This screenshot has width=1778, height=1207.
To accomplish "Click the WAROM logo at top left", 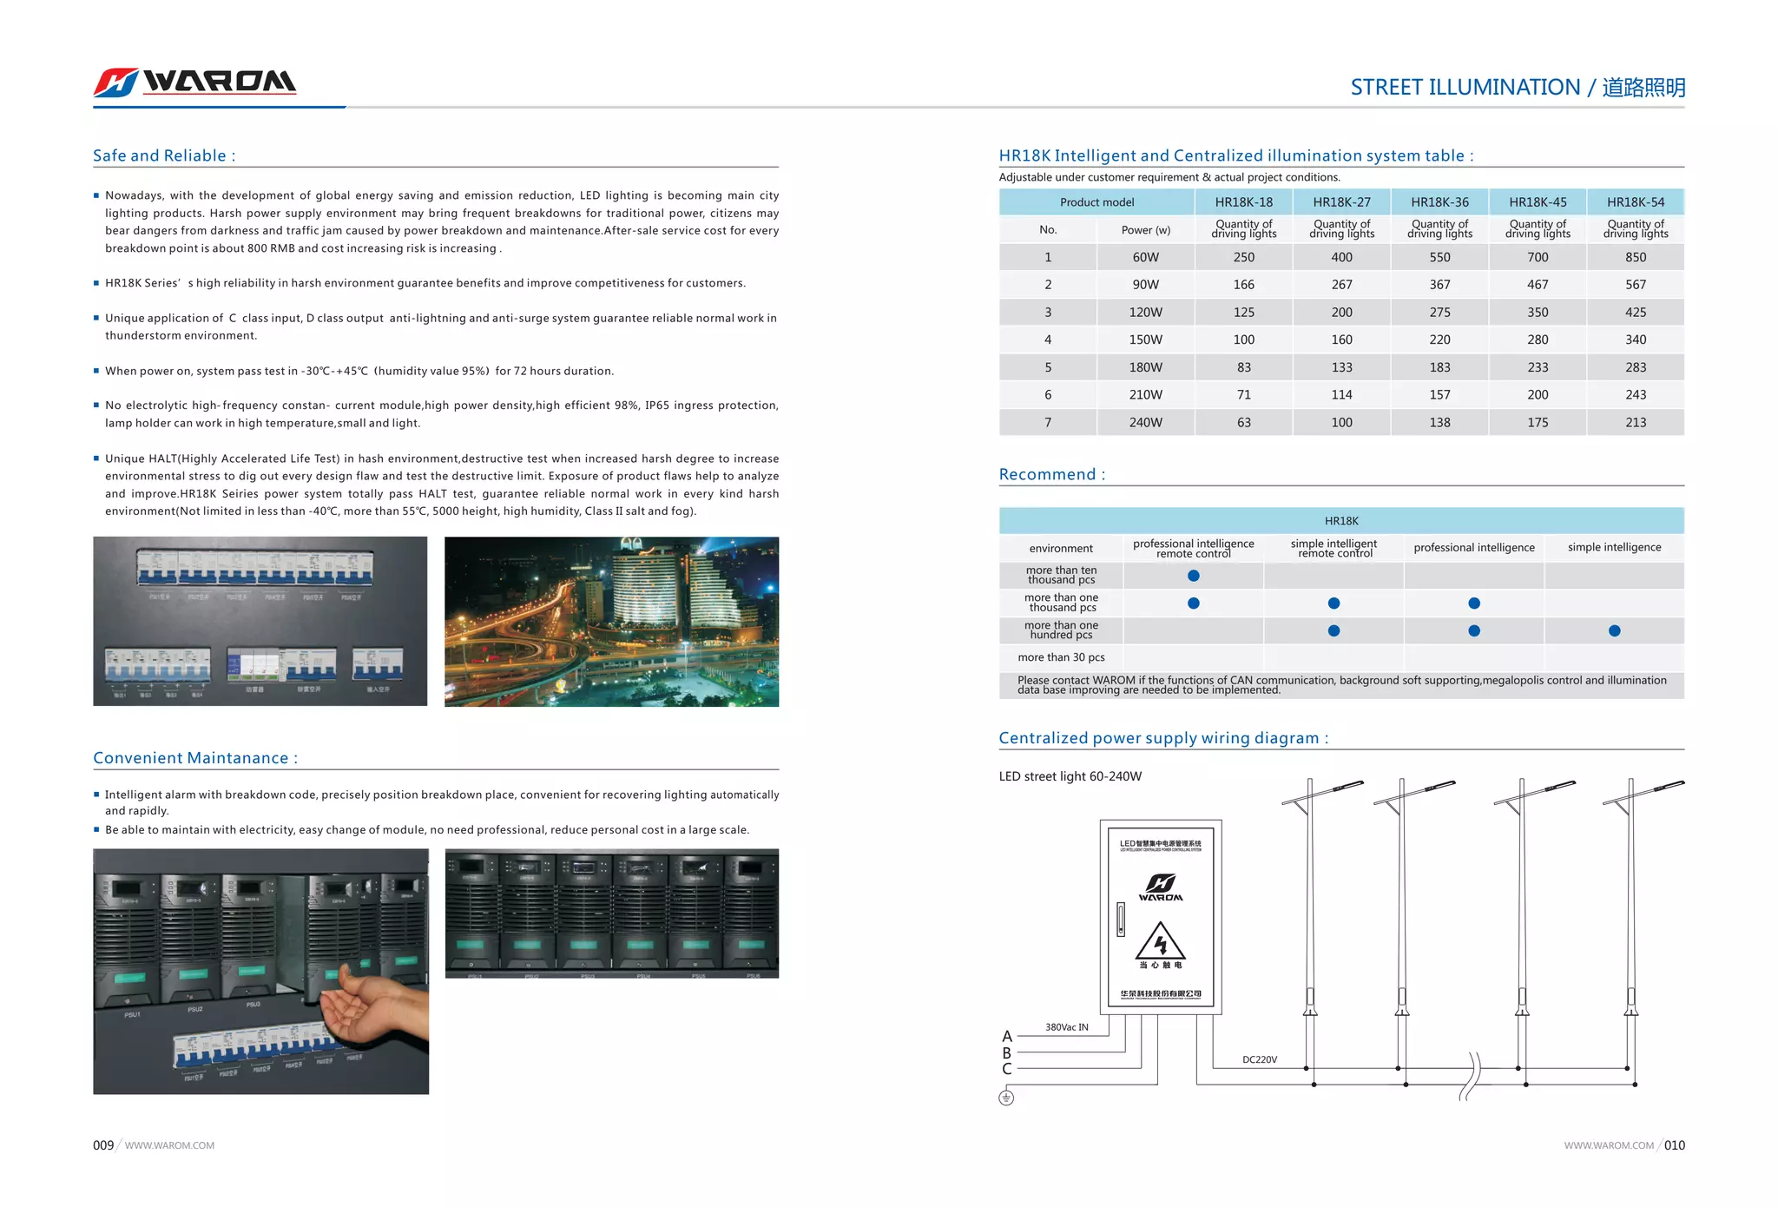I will [195, 82].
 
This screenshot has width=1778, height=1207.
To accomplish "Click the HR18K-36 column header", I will [1439, 202].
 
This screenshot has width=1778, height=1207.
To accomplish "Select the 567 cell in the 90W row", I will [1635, 285].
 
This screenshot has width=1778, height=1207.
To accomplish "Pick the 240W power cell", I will [1145, 423].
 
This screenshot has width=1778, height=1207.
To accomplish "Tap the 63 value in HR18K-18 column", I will [1243, 423].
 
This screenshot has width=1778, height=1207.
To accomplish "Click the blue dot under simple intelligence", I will [1614, 631].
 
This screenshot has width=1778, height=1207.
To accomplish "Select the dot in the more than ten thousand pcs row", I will [1193, 576].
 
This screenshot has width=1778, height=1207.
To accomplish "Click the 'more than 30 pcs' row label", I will [1061, 657].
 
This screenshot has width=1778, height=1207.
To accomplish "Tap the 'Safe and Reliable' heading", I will [164, 155].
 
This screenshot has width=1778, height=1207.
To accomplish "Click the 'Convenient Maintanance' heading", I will [195, 758].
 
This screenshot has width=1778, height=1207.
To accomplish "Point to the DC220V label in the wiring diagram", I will [1259, 1059].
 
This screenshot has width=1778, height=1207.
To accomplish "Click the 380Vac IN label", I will [1066, 1027].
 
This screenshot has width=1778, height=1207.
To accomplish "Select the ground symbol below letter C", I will [1006, 1098].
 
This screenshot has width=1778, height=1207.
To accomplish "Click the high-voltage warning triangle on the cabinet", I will [1160, 941].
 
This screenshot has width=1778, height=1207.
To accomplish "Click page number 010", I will [1674, 1145].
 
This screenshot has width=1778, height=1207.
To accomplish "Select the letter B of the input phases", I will [1007, 1052].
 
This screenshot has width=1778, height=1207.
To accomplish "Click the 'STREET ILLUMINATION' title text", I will [1465, 88].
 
